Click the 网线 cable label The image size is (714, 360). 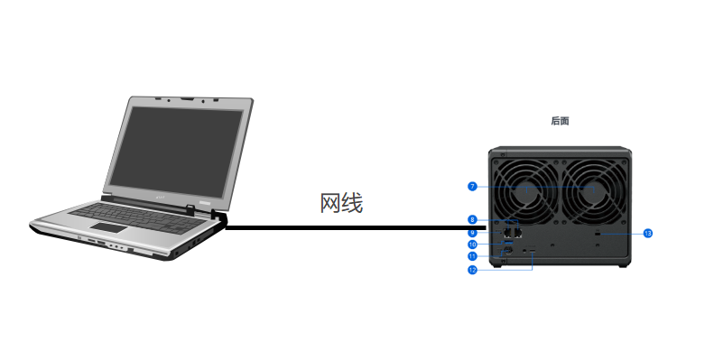click(x=341, y=203)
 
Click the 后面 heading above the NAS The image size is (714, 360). click(x=560, y=120)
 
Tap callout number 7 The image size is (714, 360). click(x=472, y=187)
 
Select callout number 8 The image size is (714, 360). click(x=472, y=220)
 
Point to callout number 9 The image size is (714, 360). click(x=472, y=233)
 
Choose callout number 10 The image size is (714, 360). click(x=472, y=245)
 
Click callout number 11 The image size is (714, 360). click(x=472, y=256)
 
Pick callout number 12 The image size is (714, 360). click(x=472, y=270)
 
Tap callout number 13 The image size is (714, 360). click(x=647, y=233)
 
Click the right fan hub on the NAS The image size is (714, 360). click(x=592, y=189)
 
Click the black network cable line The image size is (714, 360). click(x=352, y=228)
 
